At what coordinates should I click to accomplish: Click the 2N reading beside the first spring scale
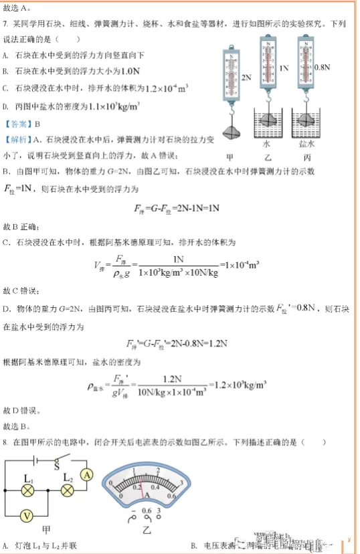click(x=246, y=78)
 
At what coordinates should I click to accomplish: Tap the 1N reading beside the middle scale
click(x=284, y=68)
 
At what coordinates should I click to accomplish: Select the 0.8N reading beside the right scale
click(x=323, y=68)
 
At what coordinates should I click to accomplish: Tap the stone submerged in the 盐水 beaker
click(x=307, y=119)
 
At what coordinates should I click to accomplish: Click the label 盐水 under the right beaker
click(x=307, y=143)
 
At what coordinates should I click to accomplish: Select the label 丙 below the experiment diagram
click(x=307, y=158)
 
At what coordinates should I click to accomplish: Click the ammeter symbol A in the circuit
click(x=86, y=474)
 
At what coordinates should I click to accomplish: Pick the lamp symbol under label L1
click(x=28, y=490)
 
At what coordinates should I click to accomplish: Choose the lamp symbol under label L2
click(x=67, y=490)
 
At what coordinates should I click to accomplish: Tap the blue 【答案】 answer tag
click(x=17, y=124)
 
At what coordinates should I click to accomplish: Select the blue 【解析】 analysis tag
click(x=17, y=139)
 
